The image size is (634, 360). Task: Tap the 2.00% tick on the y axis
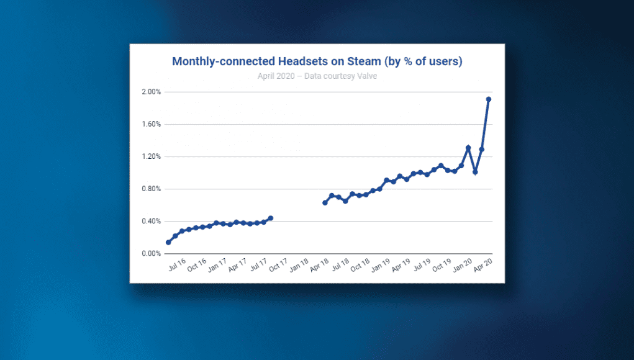click(x=152, y=92)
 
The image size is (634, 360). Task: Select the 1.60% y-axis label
click(x=152, y=124)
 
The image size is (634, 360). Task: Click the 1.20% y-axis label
click(x=152, y=156)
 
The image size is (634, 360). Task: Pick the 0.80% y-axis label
click(x=152, y=189)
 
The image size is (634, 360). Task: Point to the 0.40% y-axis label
click(x=152, y=221)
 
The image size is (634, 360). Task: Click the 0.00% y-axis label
click(x=152, y=254)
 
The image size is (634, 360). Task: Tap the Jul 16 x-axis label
click(x=178, y=267)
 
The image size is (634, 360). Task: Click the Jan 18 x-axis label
click(x=299, y=267)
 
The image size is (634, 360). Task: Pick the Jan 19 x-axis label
click(x=380, y=267)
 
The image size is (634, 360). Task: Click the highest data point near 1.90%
click(x=489, y=99)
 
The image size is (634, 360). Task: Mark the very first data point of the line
click(x=168, y=242)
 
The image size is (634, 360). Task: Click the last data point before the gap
click(x=271, y=218)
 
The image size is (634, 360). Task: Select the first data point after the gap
click(x=325, y=203)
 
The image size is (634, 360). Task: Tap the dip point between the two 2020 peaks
click(x=475, y=172)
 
